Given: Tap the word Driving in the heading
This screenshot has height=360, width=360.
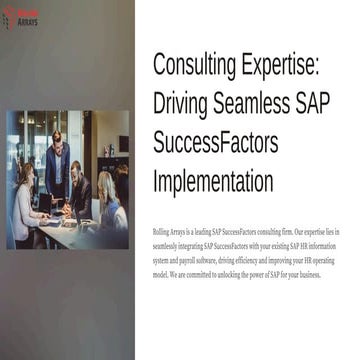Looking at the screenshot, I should point(186,103).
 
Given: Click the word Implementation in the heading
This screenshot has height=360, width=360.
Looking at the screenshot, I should point(213,182).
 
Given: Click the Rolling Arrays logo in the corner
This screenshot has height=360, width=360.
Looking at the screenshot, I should point(21,17).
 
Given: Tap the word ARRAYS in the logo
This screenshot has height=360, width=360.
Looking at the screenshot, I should point(27,21).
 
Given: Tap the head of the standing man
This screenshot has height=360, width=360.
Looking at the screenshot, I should point(57,137).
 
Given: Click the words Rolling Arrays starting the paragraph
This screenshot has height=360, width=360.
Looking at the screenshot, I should point(170,231).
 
